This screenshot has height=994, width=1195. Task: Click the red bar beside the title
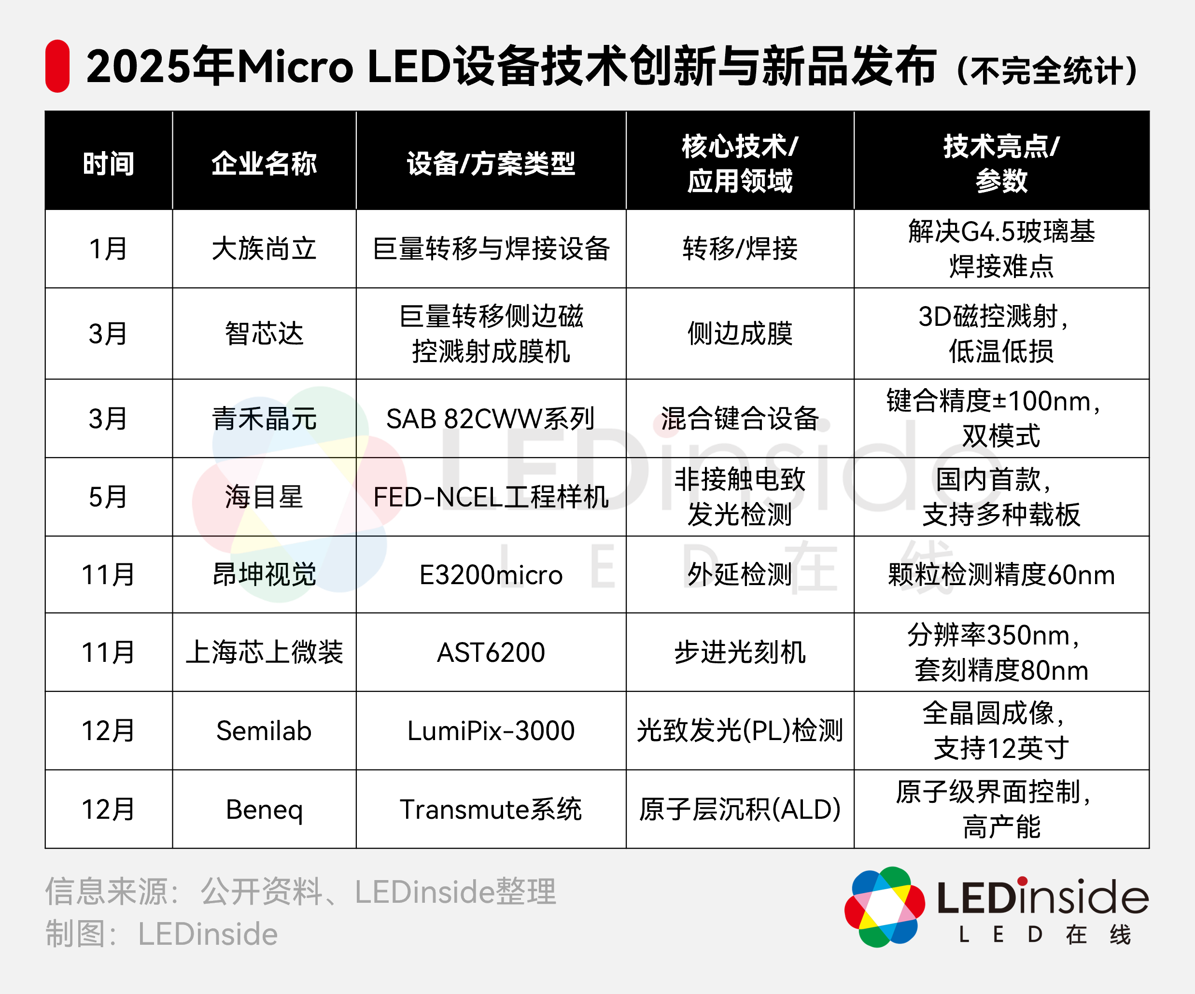57,66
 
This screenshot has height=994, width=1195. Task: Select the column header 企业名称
264,163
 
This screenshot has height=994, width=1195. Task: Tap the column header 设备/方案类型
491,163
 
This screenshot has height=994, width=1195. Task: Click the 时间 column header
108,163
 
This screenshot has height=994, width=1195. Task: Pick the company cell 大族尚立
264,249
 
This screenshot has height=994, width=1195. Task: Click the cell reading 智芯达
264,334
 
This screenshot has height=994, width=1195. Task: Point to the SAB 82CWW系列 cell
491,419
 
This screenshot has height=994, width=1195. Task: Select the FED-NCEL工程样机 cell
491,497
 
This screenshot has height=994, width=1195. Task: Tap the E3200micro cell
491,574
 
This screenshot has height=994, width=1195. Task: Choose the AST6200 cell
491,652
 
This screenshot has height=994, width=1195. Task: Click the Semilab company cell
264,730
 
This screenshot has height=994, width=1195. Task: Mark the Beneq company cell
264,809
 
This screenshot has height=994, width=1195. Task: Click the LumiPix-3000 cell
491,730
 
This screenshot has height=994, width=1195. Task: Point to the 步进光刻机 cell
740,652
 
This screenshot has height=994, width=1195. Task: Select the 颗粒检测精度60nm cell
1001,574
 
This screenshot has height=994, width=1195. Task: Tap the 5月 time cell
108,497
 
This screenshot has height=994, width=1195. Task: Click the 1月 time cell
108,249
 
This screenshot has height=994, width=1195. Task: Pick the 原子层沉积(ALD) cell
740,809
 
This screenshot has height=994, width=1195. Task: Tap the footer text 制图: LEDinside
162,934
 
